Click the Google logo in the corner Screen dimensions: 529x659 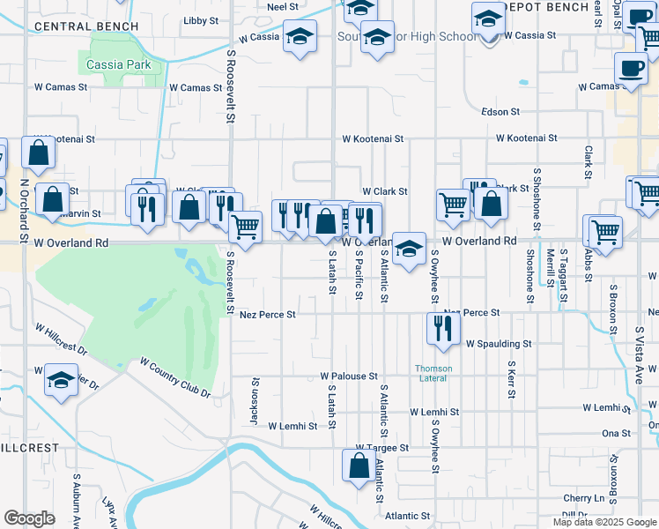coord(29,518)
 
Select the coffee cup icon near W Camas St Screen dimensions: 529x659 coord(630,69)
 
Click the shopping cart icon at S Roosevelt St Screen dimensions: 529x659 coord(245,228)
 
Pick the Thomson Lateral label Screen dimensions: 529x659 coord(434,373)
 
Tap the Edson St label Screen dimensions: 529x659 coord(501,112)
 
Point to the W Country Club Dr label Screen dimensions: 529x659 coord(175,377)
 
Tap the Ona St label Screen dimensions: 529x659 coord(616,433)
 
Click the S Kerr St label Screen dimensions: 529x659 coord(511,380)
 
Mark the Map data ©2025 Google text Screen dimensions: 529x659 coord(604,522)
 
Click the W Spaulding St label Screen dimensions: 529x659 coord(499,343)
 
